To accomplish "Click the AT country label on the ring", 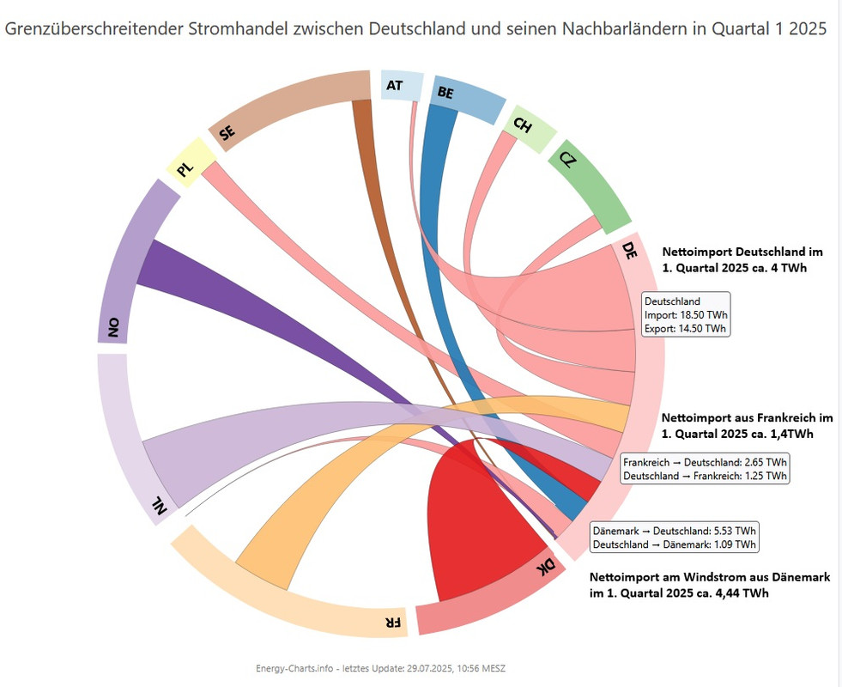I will click(x=395, y=85).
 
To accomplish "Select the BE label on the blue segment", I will click(x=445, y=92).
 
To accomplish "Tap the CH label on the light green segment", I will click(x=523, y=125).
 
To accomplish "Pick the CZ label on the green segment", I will click(x=567, y=160).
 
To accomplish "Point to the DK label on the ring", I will click(x=546, y=567).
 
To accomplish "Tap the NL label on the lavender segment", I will click(x=159, y=508).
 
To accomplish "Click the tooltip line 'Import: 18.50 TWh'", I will click(x=685, y=315).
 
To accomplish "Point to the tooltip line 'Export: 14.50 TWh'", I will click(x=685, y=328).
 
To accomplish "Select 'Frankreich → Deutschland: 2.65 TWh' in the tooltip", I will click(x=705, y=462).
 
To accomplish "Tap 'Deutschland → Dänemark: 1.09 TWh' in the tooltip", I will click(x=675, y=544).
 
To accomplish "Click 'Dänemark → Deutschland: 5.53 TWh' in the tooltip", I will click(x=675, y=531).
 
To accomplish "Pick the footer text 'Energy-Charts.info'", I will click(x=293, y=668).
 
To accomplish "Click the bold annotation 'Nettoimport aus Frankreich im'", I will click(x=747, y=417).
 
